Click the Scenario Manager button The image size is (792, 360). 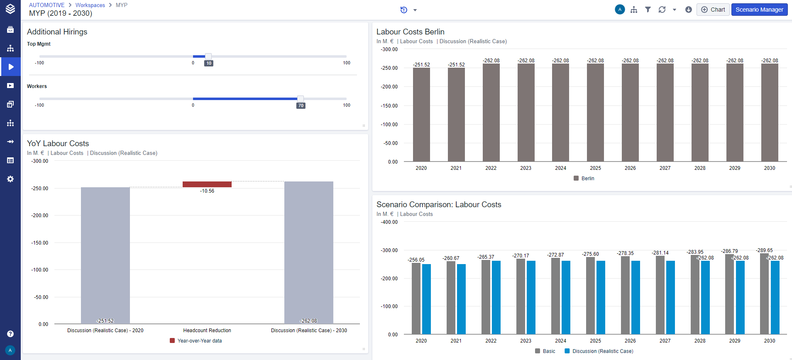[759, 10]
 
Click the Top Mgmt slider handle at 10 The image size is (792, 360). [208, 56]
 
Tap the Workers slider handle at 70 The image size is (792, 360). [300, 99]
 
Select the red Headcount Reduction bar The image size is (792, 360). [207, 184]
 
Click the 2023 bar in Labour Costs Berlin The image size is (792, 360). [526, 113]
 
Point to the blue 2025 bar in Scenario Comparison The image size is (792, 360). [601, 297]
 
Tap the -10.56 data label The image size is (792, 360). [207, 191]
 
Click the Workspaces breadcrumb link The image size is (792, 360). [90, 5]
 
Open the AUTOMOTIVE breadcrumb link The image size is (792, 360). [47, 5]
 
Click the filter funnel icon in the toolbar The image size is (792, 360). [648, 10]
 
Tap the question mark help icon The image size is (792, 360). [10, 334]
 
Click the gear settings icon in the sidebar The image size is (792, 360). [10, 179]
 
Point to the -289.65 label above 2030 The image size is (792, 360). [764, 250]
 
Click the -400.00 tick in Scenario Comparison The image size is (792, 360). [389, 222]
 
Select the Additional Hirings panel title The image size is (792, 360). [57, 32]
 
